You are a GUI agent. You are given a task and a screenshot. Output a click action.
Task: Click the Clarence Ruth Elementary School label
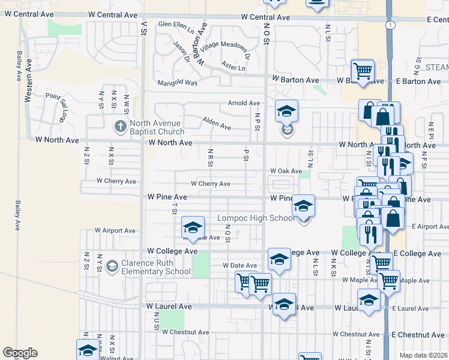coord(156,267)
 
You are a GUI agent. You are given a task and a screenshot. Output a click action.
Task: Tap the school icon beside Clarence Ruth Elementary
coord(112,266)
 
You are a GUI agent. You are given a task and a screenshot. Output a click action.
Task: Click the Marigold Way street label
coord(177,83)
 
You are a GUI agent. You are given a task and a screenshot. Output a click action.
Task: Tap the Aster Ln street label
coord(233,67)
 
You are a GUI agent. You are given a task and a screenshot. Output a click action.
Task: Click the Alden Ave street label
coord(217,123)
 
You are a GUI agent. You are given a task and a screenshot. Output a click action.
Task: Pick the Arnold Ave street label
coord(244,103)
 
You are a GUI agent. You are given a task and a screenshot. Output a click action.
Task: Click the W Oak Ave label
coord(286,171)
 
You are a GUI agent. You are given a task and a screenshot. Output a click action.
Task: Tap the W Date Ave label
coord(240,265)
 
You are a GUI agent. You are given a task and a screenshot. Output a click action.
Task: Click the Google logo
coord(20,353)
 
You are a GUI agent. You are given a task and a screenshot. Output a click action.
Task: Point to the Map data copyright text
coord(423,355)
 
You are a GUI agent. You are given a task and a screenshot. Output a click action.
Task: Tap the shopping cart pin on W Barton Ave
coord(363,71)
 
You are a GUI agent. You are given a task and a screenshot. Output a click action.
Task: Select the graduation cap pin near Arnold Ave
coord(287,111)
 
